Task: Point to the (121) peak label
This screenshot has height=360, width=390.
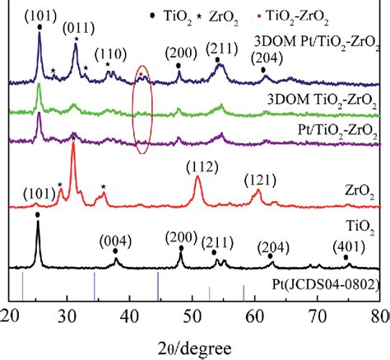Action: point(260,179)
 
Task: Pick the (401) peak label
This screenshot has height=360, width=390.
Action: point(348,246)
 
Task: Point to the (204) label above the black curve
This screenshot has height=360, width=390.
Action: point(272,246)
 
